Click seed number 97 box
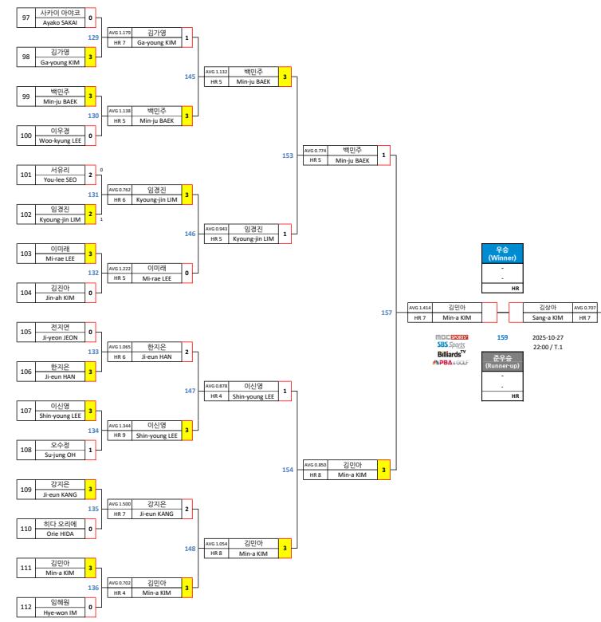(x=26, y=18)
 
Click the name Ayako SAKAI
(x=60, y=23)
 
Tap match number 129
(x=93, y=37)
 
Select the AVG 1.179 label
(x=120, y=33)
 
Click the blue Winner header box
(x=502, y=253)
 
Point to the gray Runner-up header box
(x=502, y=362)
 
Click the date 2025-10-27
(x=548, y=337)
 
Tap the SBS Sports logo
(x=450, y=344)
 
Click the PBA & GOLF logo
(x=450, y=362)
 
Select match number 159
(x=502, y=337)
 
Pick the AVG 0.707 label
(x=585, y=307)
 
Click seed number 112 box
(x=26, y=607)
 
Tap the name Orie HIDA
(x=60, y=532)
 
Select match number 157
(x=387, y=313)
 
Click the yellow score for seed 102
(x=91, y=214)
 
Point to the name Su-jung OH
(x=60, y=454)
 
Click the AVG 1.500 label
(x=120, y=504)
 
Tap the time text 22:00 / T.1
(x=548, y=347)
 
